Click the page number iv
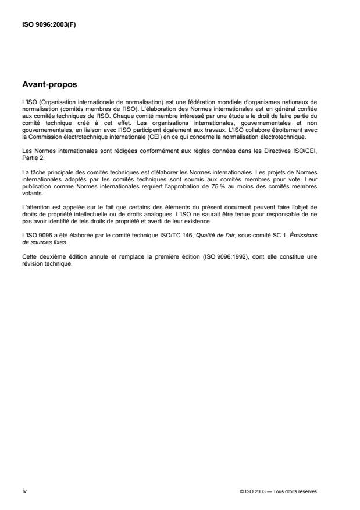point(24,491)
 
